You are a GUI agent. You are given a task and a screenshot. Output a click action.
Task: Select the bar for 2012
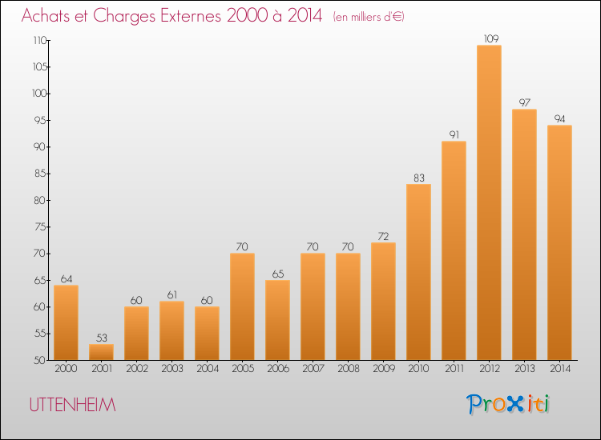[489, 202]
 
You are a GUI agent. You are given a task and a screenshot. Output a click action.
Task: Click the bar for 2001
[101, 352]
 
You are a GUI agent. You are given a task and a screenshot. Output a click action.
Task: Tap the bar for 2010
[418, 272]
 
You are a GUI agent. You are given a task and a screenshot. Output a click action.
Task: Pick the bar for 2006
[277, 320]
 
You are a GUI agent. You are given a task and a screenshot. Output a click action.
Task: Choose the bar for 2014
[559, 242]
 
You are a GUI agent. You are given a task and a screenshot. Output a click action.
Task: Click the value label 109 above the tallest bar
[491, 38]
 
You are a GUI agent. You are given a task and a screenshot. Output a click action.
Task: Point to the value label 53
[102, 338]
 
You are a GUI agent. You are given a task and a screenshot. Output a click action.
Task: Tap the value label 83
[419, 178]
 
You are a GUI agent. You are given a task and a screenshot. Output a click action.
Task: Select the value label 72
[383, 237]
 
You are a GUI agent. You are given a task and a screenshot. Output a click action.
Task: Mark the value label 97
[524, 102]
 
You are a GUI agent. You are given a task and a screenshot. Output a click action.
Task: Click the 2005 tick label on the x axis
[243, 369]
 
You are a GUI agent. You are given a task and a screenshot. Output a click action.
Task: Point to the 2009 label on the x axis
[384, 369]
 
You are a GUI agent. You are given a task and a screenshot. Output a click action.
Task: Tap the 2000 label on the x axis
[66, 369]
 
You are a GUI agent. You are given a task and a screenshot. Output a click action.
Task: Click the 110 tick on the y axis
[40, 40]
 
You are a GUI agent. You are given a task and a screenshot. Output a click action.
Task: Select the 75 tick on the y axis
[41, 227]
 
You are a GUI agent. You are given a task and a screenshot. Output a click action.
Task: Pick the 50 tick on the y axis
[40, 360]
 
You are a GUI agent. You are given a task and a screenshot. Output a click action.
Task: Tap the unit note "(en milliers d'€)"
[369, 18]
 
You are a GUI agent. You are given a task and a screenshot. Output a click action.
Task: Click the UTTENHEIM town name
[72, 405]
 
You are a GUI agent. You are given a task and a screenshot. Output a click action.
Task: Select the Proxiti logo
[508, 404]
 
